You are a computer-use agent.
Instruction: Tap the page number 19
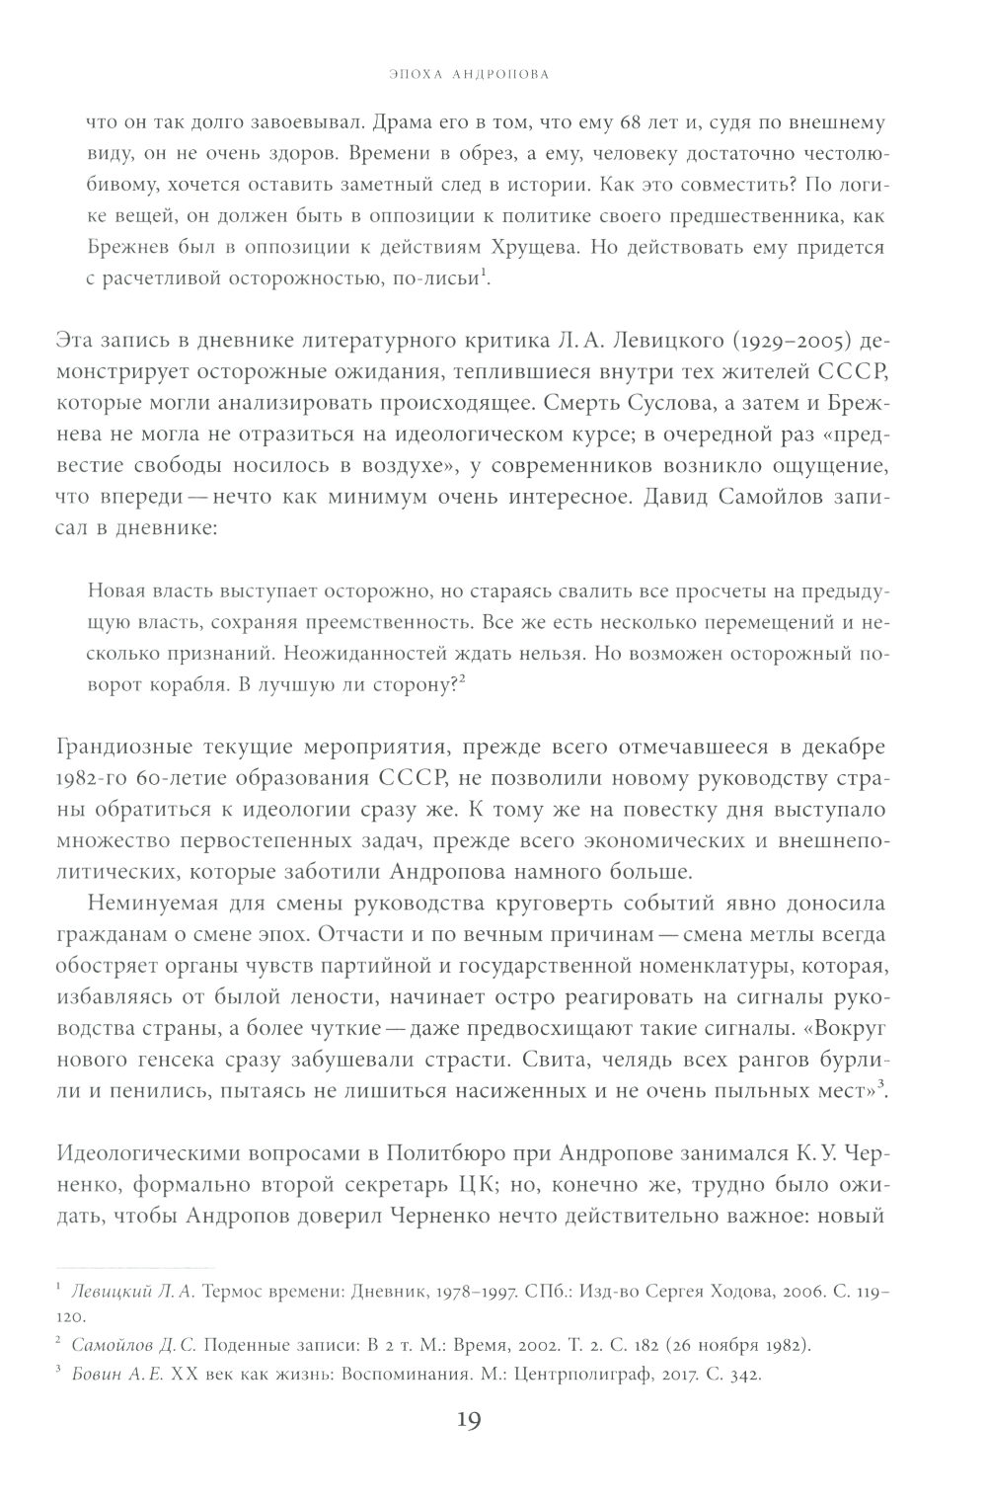468,1421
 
